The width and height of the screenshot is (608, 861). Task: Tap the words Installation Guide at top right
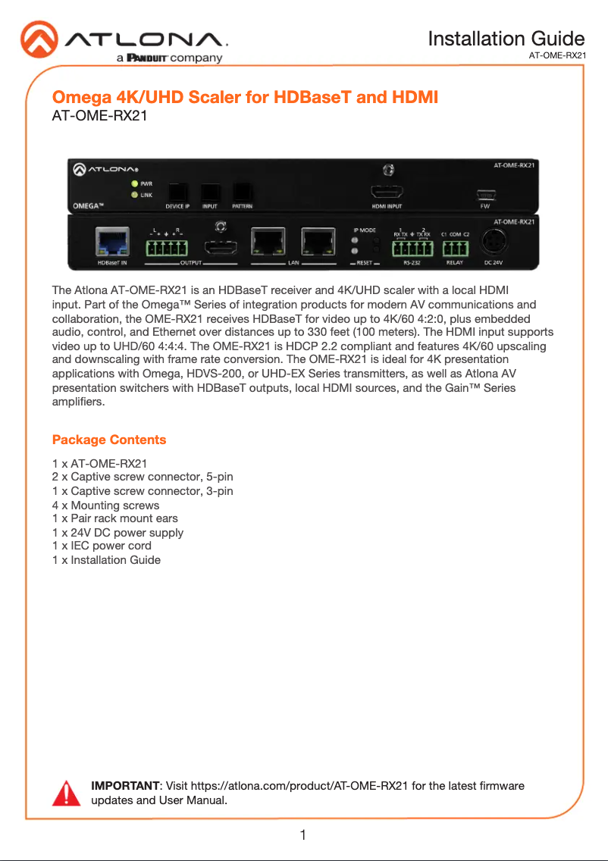tap(506, 39)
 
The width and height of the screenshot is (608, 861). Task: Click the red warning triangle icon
tap(66, 793)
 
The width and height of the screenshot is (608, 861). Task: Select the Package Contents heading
tap(109, 440)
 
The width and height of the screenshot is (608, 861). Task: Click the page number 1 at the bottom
tap(303, 836)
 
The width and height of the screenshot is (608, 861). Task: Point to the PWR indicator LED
tap(134, 183)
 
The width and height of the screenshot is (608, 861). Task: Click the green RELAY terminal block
tap(456, 248)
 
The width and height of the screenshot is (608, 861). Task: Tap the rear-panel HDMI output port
tap(221, 247)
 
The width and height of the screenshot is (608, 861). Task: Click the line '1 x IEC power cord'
tap(102, 546)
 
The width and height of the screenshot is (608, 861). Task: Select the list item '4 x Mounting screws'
tap(105, 505)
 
